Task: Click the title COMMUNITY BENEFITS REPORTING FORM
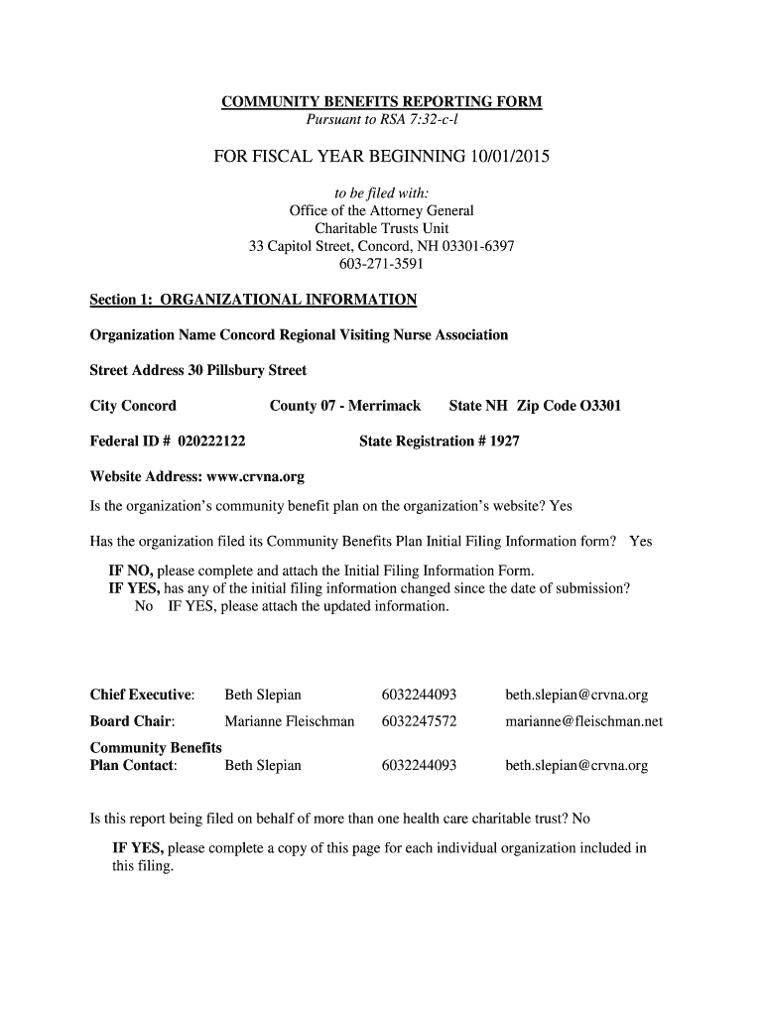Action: pyautogui.click(x=381, y=103)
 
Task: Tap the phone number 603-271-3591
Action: pyautogui.click(x=381, y=264)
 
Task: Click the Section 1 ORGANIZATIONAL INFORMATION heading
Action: pyautogui.click(x=253, y=300)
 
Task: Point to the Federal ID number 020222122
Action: pyautogui.click(x=210, y=441)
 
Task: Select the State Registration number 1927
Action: pyautogui.click(x=504, y=441)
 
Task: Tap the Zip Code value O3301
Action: pyautogui.click(x=600, y=406)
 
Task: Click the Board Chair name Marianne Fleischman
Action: pyautogui.click(x=289, y=721)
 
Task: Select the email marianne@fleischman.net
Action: pyautogui.click(x=583, y=721)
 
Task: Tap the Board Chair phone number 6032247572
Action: pyautogui.click(x=419, y=721)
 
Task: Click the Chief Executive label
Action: pyautogui.click(x=142, y=695)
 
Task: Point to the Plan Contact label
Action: pyautogui.click(x=133, y=766)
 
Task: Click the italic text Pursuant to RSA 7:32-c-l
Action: pyautogui.click(x=381, y=121)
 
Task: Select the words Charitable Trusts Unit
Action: pyautogui.click(x=381, y=228)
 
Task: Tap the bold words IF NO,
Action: pyautogui.click(x=131, y=571)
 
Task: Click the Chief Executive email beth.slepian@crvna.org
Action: pyautogui.click(x=576, y=695)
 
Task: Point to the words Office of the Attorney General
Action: pyautogui.click(x=381, y=210)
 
